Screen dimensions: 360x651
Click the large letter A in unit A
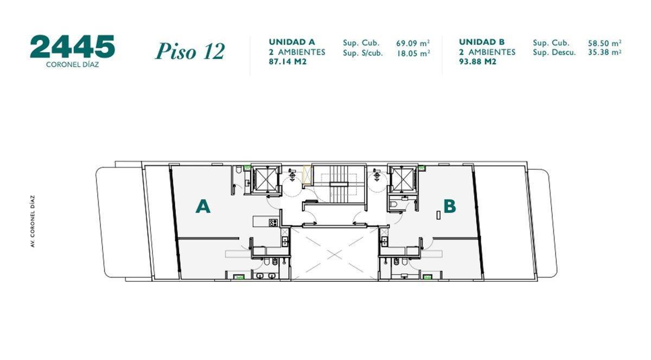point(203,207)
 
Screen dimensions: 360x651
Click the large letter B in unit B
point(449,207)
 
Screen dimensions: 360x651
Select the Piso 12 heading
point(190,52)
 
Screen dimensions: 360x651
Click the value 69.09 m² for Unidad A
point(413,43)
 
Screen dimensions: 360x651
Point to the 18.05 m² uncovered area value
point(413,53)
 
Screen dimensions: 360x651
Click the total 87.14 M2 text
point(288,62)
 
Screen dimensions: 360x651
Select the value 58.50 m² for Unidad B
point(604,43)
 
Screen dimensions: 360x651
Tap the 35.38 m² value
point(604,53)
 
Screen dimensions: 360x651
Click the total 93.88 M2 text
point(478,62)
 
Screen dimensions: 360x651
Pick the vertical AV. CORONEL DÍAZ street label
point(33,221)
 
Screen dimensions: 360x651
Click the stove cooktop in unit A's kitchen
point(273,222)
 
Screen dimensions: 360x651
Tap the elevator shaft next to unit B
point(401,178)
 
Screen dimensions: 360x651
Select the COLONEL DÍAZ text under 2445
point(73,63)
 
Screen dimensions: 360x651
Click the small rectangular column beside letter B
point(438,215)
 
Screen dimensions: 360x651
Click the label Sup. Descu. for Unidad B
point(554,53)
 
